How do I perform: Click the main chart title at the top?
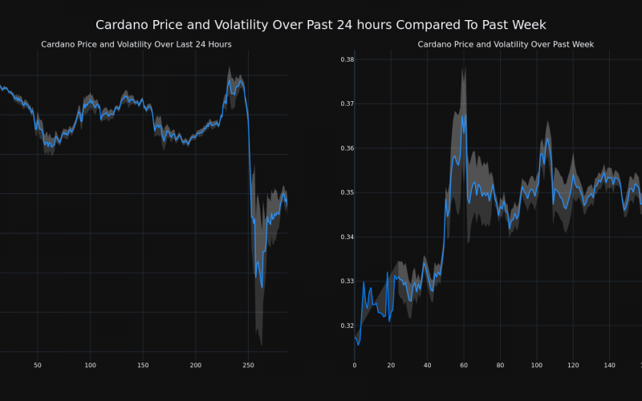click(x=321, y=25)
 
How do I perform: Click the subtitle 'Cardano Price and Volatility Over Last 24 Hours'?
click(x=136, y=44)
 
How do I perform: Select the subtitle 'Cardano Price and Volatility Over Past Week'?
click(x=506, y=44)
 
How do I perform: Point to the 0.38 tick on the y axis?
click(x=347, y=59)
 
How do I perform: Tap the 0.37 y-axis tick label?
click(x=347, y=103)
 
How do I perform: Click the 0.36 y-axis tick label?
click(x=347, y=148)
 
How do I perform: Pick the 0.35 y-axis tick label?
click(x=347, y=192)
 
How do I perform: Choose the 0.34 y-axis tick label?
click(x=347, y=237)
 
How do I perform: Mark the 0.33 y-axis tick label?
click(x=347, y=282)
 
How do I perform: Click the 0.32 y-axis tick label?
click(x=347, y=326)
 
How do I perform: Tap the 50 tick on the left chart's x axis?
click(x=38, y=366)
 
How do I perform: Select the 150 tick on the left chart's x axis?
click(x=143, y=366)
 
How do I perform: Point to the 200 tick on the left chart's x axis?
click(x=196, y=366)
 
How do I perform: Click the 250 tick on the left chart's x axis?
click(x=249, y=366)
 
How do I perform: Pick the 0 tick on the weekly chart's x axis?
click(x=355, y=366)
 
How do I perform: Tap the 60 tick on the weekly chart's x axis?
click(x=464, y=366)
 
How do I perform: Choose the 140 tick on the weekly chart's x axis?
click(x=609, y=366)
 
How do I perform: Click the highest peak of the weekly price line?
click(x=462, y=114)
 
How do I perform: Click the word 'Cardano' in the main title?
click(x=123, y=25)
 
